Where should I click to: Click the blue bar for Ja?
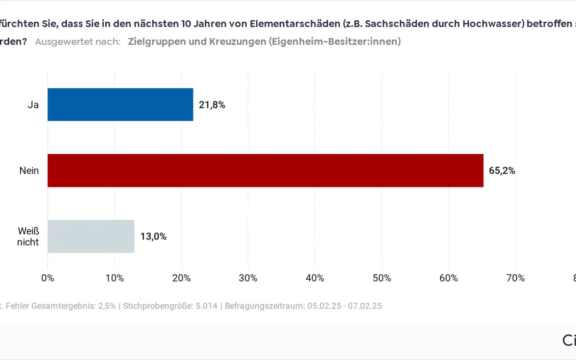pyautogui.click(x=120, y=105)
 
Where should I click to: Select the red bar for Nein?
pyautogui.click(x=265, y=170)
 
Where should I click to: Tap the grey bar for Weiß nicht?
pyautogui.click(x=91, y=236)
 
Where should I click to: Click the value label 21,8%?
pyautogui.click(x=212, y=105)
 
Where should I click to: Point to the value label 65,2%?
pyautogui.click(x=502, y=171)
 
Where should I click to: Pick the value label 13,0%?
pyautogui.click(x=153, y=237)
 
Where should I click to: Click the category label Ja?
pyautogui.click(x=33, y=105)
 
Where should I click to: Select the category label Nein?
pyautogui.click(x=29, y=171)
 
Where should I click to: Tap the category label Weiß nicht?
pyautogui.click(x=28, y=236)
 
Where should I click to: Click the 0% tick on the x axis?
pyautogui.click(x=48, y=278)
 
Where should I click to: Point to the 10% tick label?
pyautogui.click(x=114, y=278)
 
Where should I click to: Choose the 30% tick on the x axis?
pyautogui.click(x=248, y=278)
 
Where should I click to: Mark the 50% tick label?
pyautogui.click(x=382, y=278)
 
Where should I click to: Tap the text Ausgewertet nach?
pyautogui.click(x=78, y=42)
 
